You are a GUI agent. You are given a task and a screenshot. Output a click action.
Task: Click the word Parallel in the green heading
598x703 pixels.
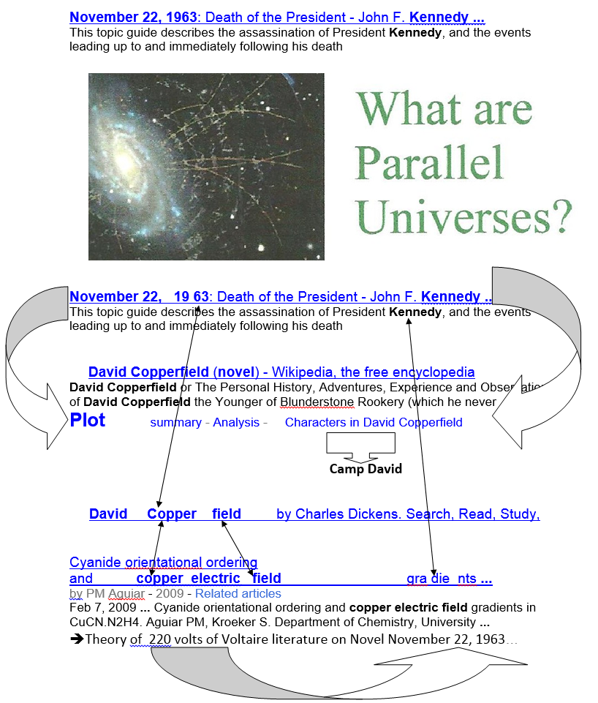[x=429, y=162]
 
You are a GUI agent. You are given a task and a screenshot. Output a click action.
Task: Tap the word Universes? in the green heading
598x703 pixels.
[x=464, y=217]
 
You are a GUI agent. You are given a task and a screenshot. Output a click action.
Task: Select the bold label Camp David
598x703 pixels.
[x=366, y=469]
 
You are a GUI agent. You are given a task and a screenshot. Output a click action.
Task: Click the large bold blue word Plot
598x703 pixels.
[x=87, y=420]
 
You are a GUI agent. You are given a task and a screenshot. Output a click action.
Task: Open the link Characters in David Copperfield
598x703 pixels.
[x=374, y=422]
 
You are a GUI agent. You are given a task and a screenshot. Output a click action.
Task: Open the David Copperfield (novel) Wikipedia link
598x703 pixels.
[x=281, y=372]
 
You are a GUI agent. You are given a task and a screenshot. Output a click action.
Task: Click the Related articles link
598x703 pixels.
[x=238, y=593]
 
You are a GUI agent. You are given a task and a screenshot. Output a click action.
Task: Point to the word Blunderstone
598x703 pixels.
[x=317, y=402]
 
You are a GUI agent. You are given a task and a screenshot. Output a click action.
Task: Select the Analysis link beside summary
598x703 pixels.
[x=236, y=422]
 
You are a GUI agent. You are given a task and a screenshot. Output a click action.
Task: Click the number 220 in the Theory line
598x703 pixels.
[x=160, y=639]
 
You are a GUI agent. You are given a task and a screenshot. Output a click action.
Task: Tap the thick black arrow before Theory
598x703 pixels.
[x=77, y=639]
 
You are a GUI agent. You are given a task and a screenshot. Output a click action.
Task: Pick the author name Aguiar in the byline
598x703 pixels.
[x=126, y=593]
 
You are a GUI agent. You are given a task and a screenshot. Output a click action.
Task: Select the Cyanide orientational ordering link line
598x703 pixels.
[x=164, y=563]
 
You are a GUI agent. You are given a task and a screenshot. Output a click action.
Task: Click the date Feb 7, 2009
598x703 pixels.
[x=102, y=607]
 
